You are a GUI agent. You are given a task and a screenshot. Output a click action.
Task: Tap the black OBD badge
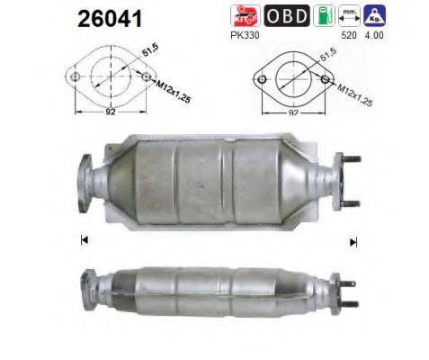288,16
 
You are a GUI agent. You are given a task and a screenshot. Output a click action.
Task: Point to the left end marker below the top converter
84,239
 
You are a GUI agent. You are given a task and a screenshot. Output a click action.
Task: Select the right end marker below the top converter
353,241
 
